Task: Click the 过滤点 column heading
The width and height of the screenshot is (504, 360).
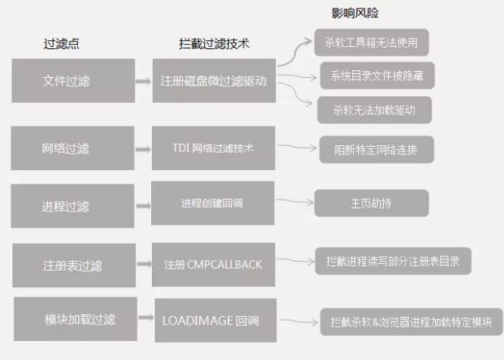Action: pyautogui.click(x=61, y=44)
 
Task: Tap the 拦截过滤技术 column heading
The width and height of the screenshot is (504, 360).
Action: pyautogui.click(x=214, y=44)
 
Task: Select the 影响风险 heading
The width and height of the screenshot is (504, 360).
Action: pyautogui.click(x=355, y=13)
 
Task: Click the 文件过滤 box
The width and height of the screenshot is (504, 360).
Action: pyautogui.click(x=73, y=81)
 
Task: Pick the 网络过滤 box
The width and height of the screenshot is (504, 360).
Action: pyautogui.click(x=73, y=148)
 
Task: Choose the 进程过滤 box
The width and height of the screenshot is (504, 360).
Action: pyautogui.click(x=73, y=206)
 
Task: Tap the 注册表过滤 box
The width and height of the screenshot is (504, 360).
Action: pyautogui.click(x=74, y=265)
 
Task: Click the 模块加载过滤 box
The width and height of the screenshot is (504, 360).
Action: pyautogui.click(x=76, y=319)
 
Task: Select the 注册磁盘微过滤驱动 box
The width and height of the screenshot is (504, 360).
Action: pyautogui.click(x=214, y=81)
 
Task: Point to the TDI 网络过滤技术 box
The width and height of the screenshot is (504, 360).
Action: pyautogui.click(x=213, y=148)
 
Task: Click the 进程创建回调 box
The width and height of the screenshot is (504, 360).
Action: pyautogui.click(x=213, y=203)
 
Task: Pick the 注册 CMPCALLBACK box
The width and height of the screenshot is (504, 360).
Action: pyautogui.click(x=213, y=265)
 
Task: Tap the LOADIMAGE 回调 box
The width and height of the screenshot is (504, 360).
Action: pyautogui.click(x=215, y=321)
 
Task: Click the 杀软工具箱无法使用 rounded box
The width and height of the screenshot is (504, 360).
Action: pyautogui.click(x=372, y=42)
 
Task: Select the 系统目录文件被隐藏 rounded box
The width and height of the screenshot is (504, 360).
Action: pyautogui.click(x=377, y=76)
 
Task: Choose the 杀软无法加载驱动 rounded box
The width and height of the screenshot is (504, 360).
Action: pyautogui.click(x=375, y=110)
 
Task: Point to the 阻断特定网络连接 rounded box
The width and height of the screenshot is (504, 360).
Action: pyautogui.click(x=377, y=150)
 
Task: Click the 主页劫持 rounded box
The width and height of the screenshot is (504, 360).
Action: pyautogui.click(x=372, y=203)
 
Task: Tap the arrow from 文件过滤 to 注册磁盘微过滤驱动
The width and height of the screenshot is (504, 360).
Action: pyautogui.click(x=144, y=81)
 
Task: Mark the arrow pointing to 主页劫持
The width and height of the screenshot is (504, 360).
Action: pyautogui.click(x=295, y=201)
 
